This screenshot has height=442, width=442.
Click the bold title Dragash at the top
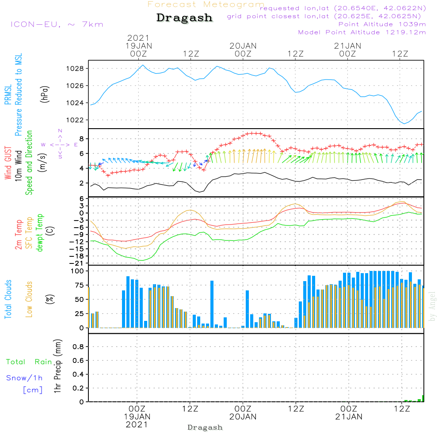click(184, 18)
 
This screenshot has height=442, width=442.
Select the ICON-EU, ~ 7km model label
click(57, 24)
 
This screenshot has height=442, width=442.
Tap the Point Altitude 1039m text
click(382, 24)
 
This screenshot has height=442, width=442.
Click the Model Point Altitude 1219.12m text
click(362, 32)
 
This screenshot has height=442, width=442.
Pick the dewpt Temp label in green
click(40, 233)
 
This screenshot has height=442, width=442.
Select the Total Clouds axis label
click(8, 299)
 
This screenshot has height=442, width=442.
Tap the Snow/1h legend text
click(25, 378)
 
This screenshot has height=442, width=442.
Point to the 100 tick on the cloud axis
click(77, 271)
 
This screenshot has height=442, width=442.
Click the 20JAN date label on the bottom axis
click(243, 417)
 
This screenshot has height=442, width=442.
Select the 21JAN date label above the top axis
click(348, 46)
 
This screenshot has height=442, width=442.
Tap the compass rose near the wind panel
click(60, 144)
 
